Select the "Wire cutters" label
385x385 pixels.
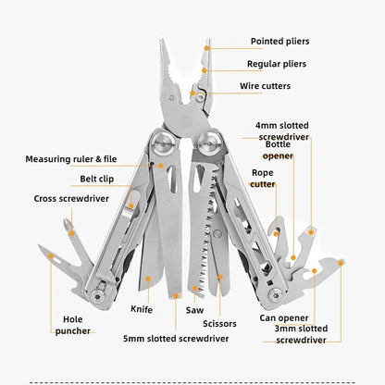click(278, 86)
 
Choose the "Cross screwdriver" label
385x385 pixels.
click(71, 198)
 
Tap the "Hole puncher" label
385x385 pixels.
click(72, 323)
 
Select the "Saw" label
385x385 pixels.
click(194, 311)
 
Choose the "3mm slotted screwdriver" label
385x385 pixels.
click(302, 334)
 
